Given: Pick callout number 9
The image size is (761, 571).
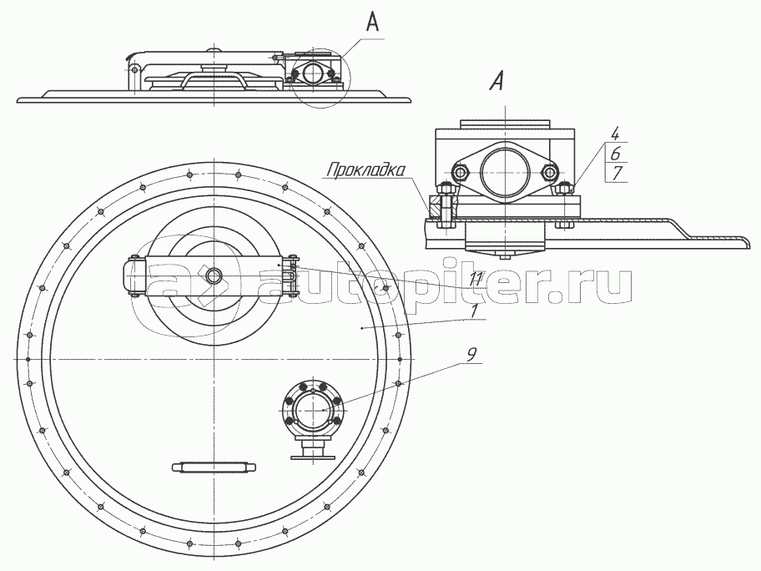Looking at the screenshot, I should pos(471,355).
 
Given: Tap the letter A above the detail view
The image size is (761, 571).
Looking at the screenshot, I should pos(498,82).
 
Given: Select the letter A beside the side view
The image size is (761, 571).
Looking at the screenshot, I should pos(372,23).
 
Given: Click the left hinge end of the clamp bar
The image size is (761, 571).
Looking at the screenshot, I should pos(136,275).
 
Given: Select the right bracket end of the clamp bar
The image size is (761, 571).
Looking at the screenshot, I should pos(291,275).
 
